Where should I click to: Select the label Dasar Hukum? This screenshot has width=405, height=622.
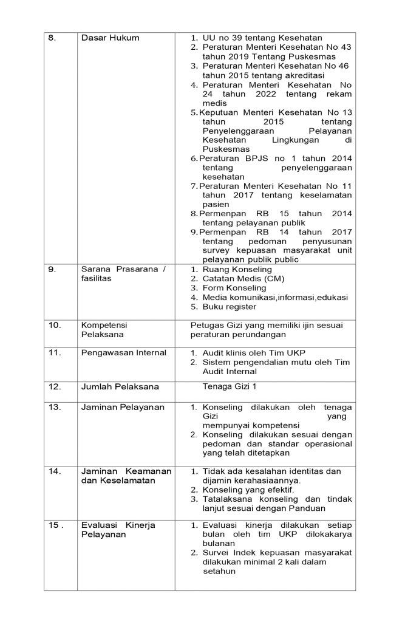pyautogui.click(x=110, y=38)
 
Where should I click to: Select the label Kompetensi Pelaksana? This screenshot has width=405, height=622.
pyautogui.click(x=104, y=330)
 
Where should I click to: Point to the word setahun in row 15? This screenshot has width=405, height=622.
pyautogui.click(x=219, y=571)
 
